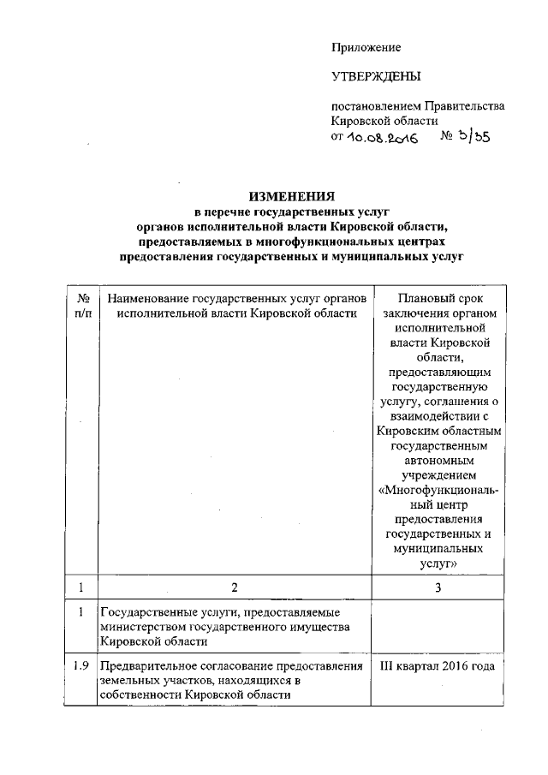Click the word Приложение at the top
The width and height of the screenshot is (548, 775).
366,47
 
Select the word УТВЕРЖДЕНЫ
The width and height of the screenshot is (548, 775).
376,77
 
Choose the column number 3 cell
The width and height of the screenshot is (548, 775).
438,588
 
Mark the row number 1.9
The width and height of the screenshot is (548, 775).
79,667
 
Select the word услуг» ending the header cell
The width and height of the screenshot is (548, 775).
438,564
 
